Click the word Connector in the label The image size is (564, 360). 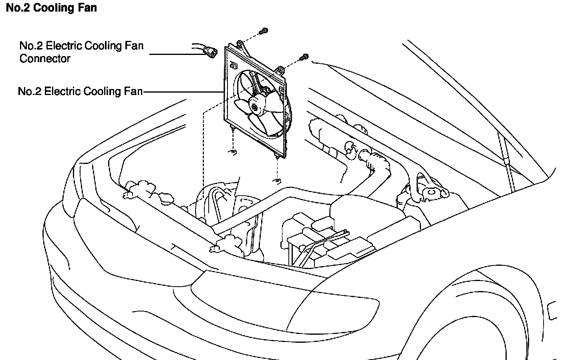tap(45, 59)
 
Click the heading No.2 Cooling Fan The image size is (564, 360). tap(51, 8)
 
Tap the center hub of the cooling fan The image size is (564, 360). tap(254, 105)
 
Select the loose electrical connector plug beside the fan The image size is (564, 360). tap(210, 51)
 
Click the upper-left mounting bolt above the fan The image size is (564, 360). tap(264, 31)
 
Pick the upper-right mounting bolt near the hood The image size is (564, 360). tap(305, 57)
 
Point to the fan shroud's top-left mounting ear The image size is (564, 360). tap(240, 44)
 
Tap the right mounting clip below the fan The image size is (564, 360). tap(277, 181)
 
